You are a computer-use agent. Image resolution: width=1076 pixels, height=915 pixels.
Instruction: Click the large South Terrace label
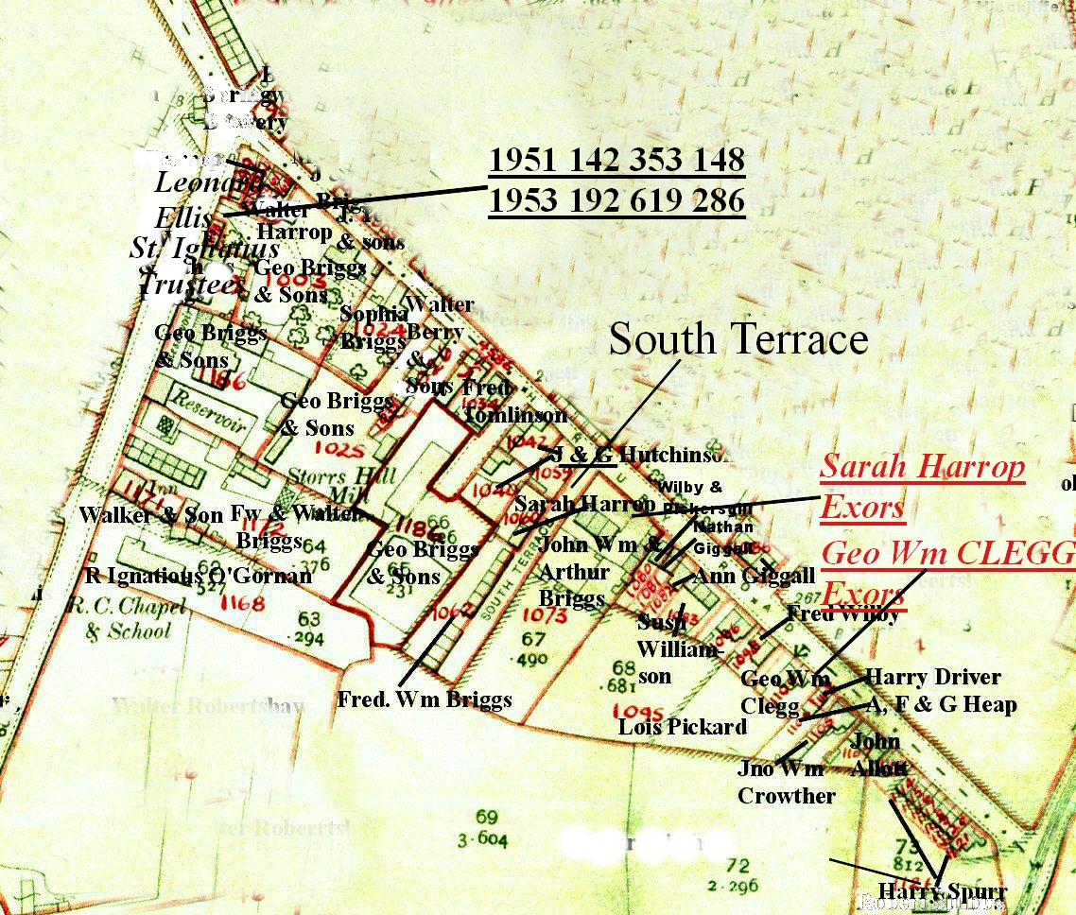coord(738,339)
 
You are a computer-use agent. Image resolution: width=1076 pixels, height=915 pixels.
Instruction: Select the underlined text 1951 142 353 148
coord(616,161)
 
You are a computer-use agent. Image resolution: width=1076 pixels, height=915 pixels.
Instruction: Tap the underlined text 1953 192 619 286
coord(616,201)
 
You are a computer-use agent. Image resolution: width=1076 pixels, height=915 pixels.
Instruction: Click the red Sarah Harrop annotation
coord(922,467)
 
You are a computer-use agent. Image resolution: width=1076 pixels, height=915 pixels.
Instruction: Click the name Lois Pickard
coord(682,727)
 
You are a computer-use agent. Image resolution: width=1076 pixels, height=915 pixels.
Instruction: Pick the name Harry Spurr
coord(942,891)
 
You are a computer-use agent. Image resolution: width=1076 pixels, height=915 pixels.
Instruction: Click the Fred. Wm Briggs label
coord(425,699)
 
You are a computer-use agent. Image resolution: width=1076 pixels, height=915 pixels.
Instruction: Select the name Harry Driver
coord(932,678)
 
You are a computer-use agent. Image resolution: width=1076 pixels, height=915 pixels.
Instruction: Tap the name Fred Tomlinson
coord(513,401)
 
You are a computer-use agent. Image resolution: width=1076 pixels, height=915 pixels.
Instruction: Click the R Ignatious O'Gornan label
coord(198,576)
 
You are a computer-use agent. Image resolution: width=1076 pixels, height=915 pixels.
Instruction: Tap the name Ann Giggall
coord(754,576)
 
